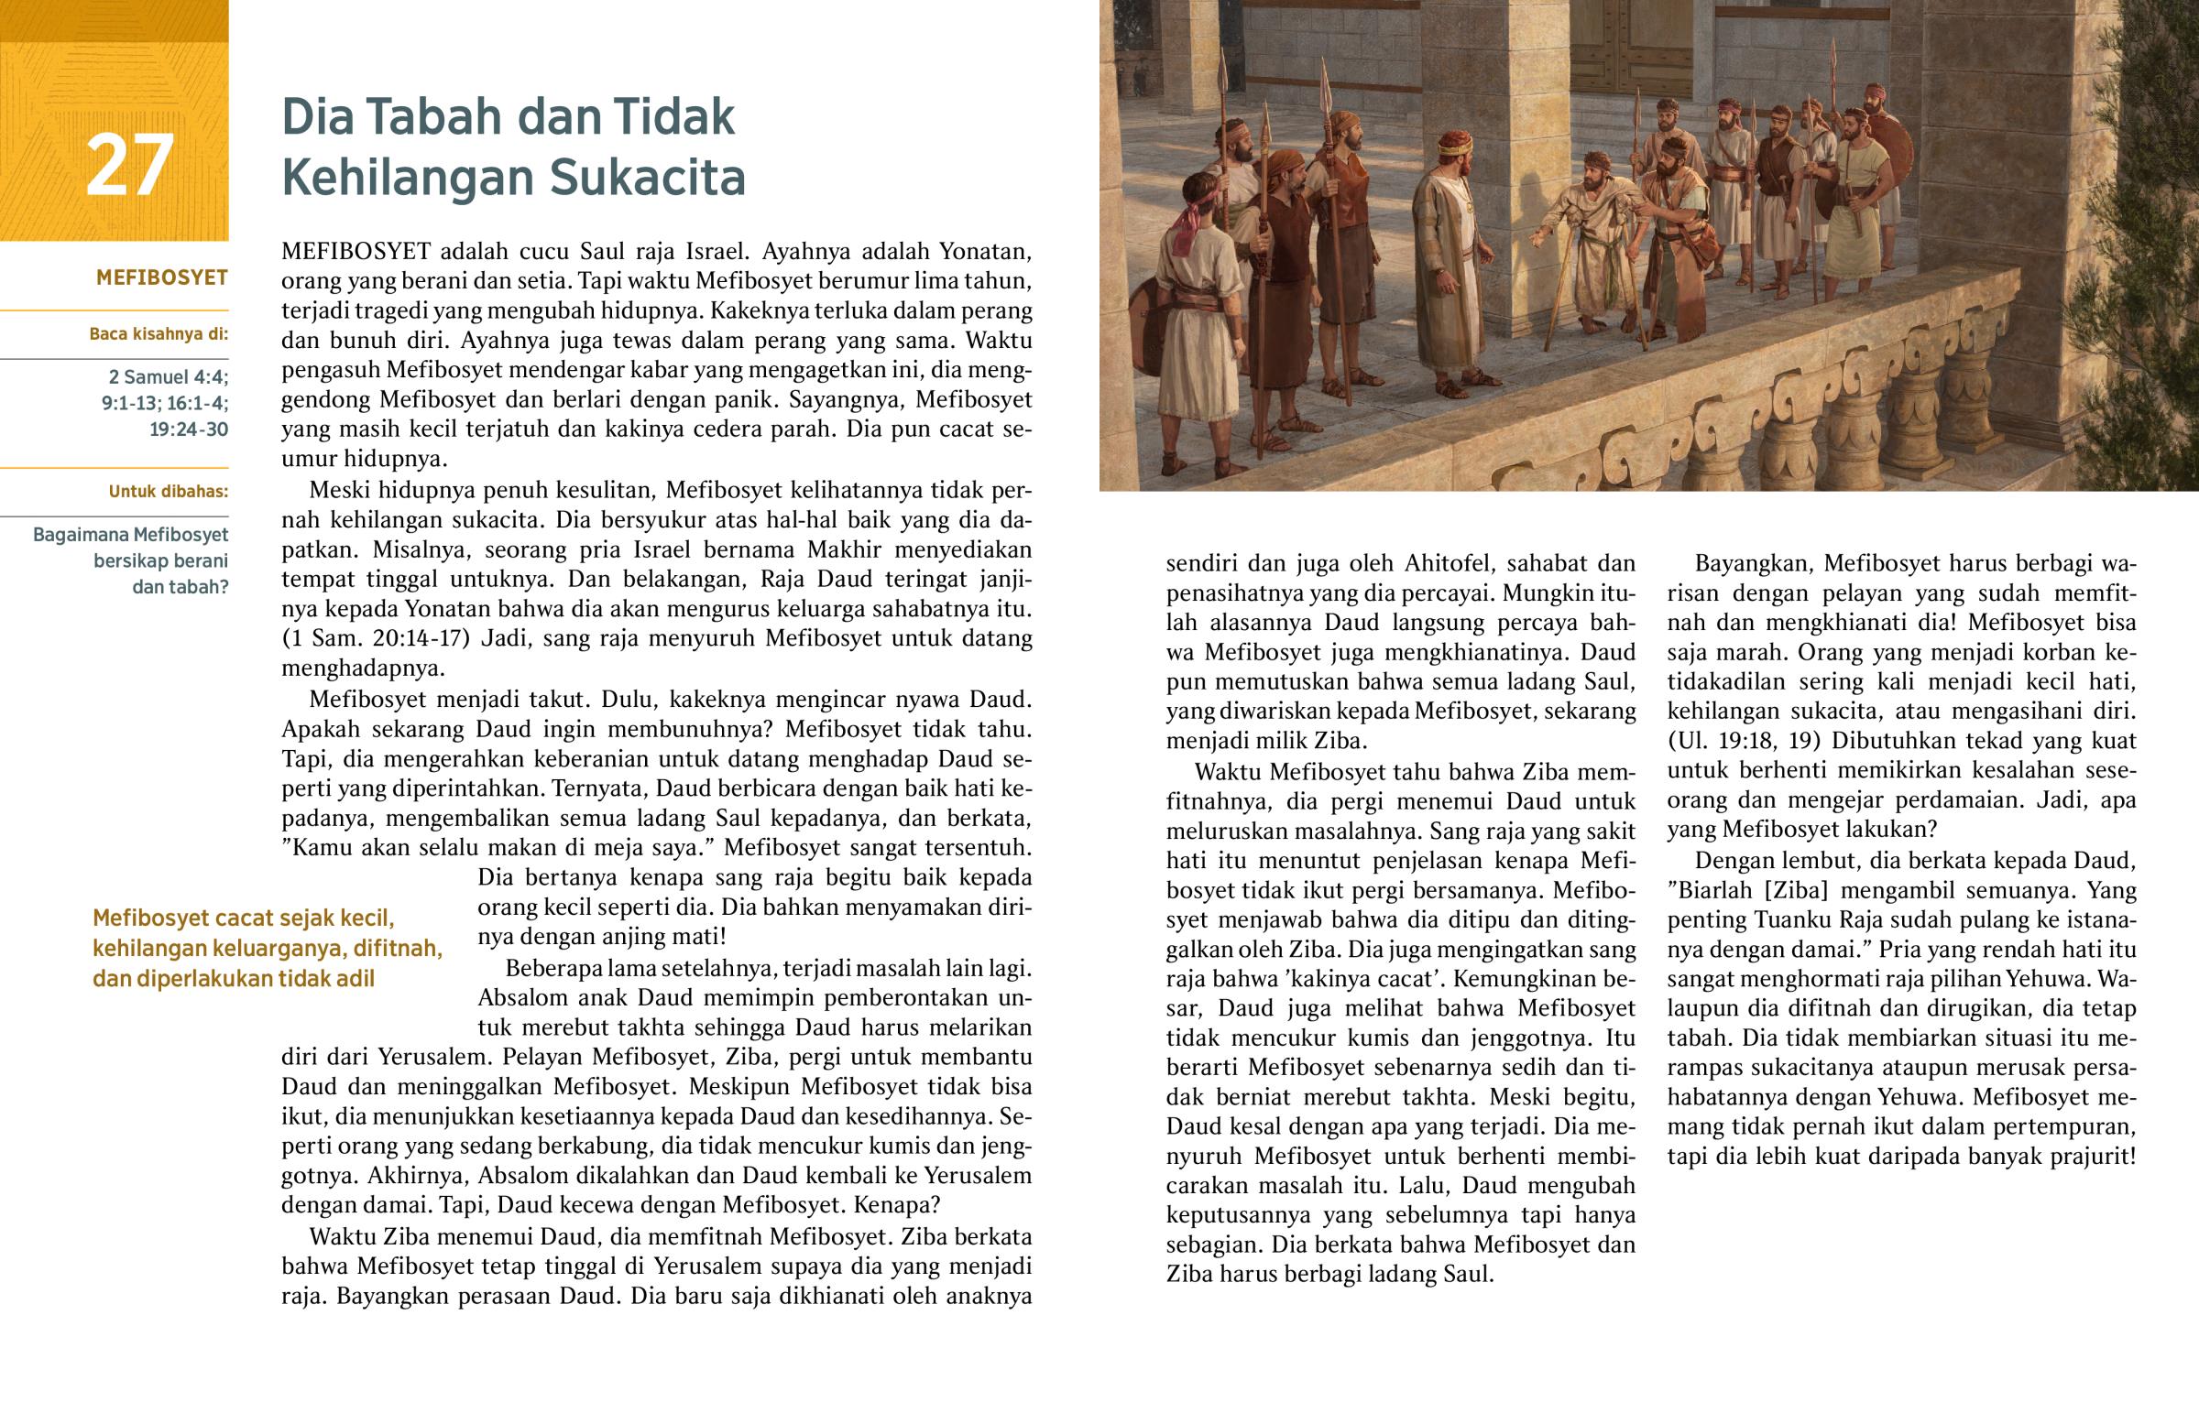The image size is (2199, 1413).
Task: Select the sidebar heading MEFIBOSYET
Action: [x=161, y=278]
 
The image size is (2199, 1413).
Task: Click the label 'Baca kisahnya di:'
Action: [x=158, y=334]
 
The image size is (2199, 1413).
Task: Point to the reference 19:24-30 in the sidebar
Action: [x=188, y=429]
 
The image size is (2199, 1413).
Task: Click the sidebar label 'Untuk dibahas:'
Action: [x=168, y=492]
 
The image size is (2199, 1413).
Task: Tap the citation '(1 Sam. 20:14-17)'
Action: [x=376, y=638]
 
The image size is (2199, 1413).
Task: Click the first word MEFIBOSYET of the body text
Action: [x=356, y=252]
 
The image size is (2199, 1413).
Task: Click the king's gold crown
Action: [x=1454, y=143]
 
